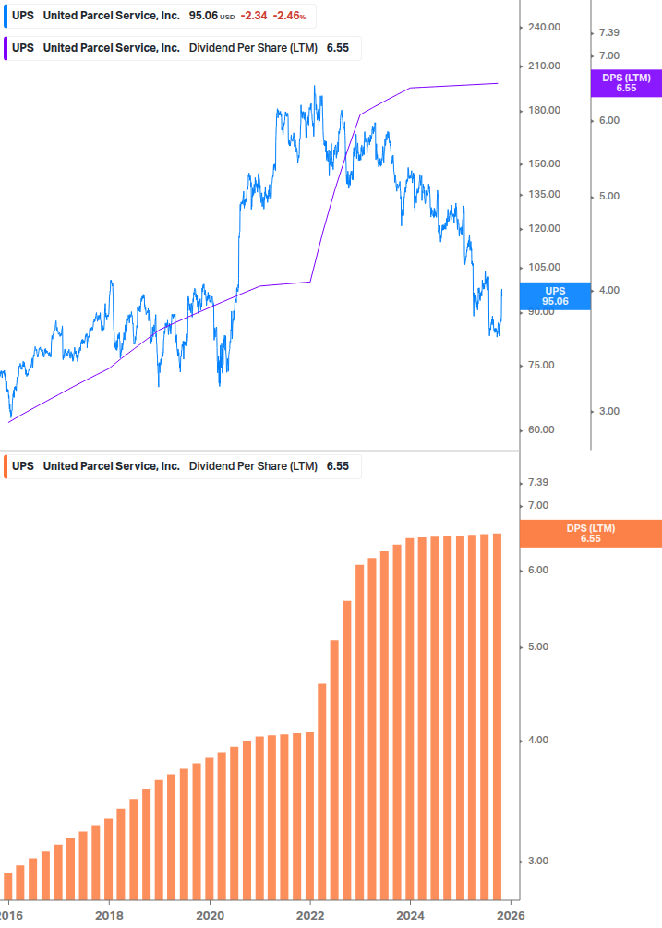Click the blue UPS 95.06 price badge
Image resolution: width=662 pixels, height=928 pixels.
[x=554, y=295]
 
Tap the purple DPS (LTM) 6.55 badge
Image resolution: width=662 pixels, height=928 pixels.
[x=626, y=83]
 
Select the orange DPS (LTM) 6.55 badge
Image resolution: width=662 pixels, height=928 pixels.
[x=591, y=534]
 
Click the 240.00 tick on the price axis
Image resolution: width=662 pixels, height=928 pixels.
[x=545, y=28]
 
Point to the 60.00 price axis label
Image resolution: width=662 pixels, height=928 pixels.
[x=543, y=430]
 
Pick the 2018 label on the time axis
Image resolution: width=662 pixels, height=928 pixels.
[x=109, y=916]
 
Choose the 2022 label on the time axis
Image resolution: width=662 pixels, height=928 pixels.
[x=310, y=916]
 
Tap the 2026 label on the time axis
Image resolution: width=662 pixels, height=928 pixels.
[x=511, y=916]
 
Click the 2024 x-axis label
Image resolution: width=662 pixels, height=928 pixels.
[x=410, y=916]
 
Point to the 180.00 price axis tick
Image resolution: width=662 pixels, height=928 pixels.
[x=545, y=111]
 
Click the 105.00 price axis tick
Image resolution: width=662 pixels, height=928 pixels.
[x=545, y=268]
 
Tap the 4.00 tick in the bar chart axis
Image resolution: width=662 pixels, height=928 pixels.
[x=538, y=741]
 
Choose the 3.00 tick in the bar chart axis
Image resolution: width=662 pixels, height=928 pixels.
[x=538, y=862]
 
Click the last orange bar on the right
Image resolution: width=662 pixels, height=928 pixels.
[x=497, y=716]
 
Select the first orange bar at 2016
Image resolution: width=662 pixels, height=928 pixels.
[x=8, y=886]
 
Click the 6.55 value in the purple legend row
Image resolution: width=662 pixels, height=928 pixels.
[x=338, y=48]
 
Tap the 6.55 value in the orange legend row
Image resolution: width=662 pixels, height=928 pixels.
[x=338, y=466]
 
